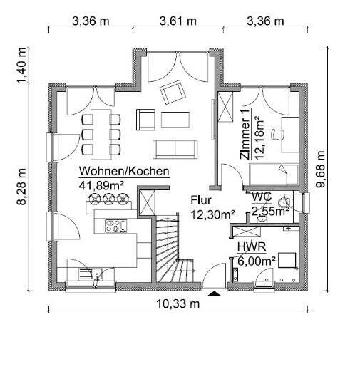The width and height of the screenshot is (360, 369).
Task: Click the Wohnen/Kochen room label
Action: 124,171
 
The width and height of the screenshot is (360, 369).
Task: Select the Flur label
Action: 200,200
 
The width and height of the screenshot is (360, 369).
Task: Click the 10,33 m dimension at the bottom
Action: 178,303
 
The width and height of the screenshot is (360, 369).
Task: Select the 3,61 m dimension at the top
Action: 178,20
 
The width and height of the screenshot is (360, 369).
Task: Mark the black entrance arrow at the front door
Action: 213,292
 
